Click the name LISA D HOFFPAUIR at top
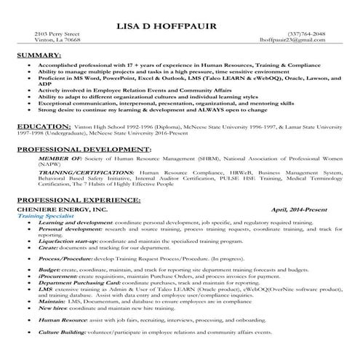pos(181,28)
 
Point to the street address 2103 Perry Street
pos(57,34)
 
